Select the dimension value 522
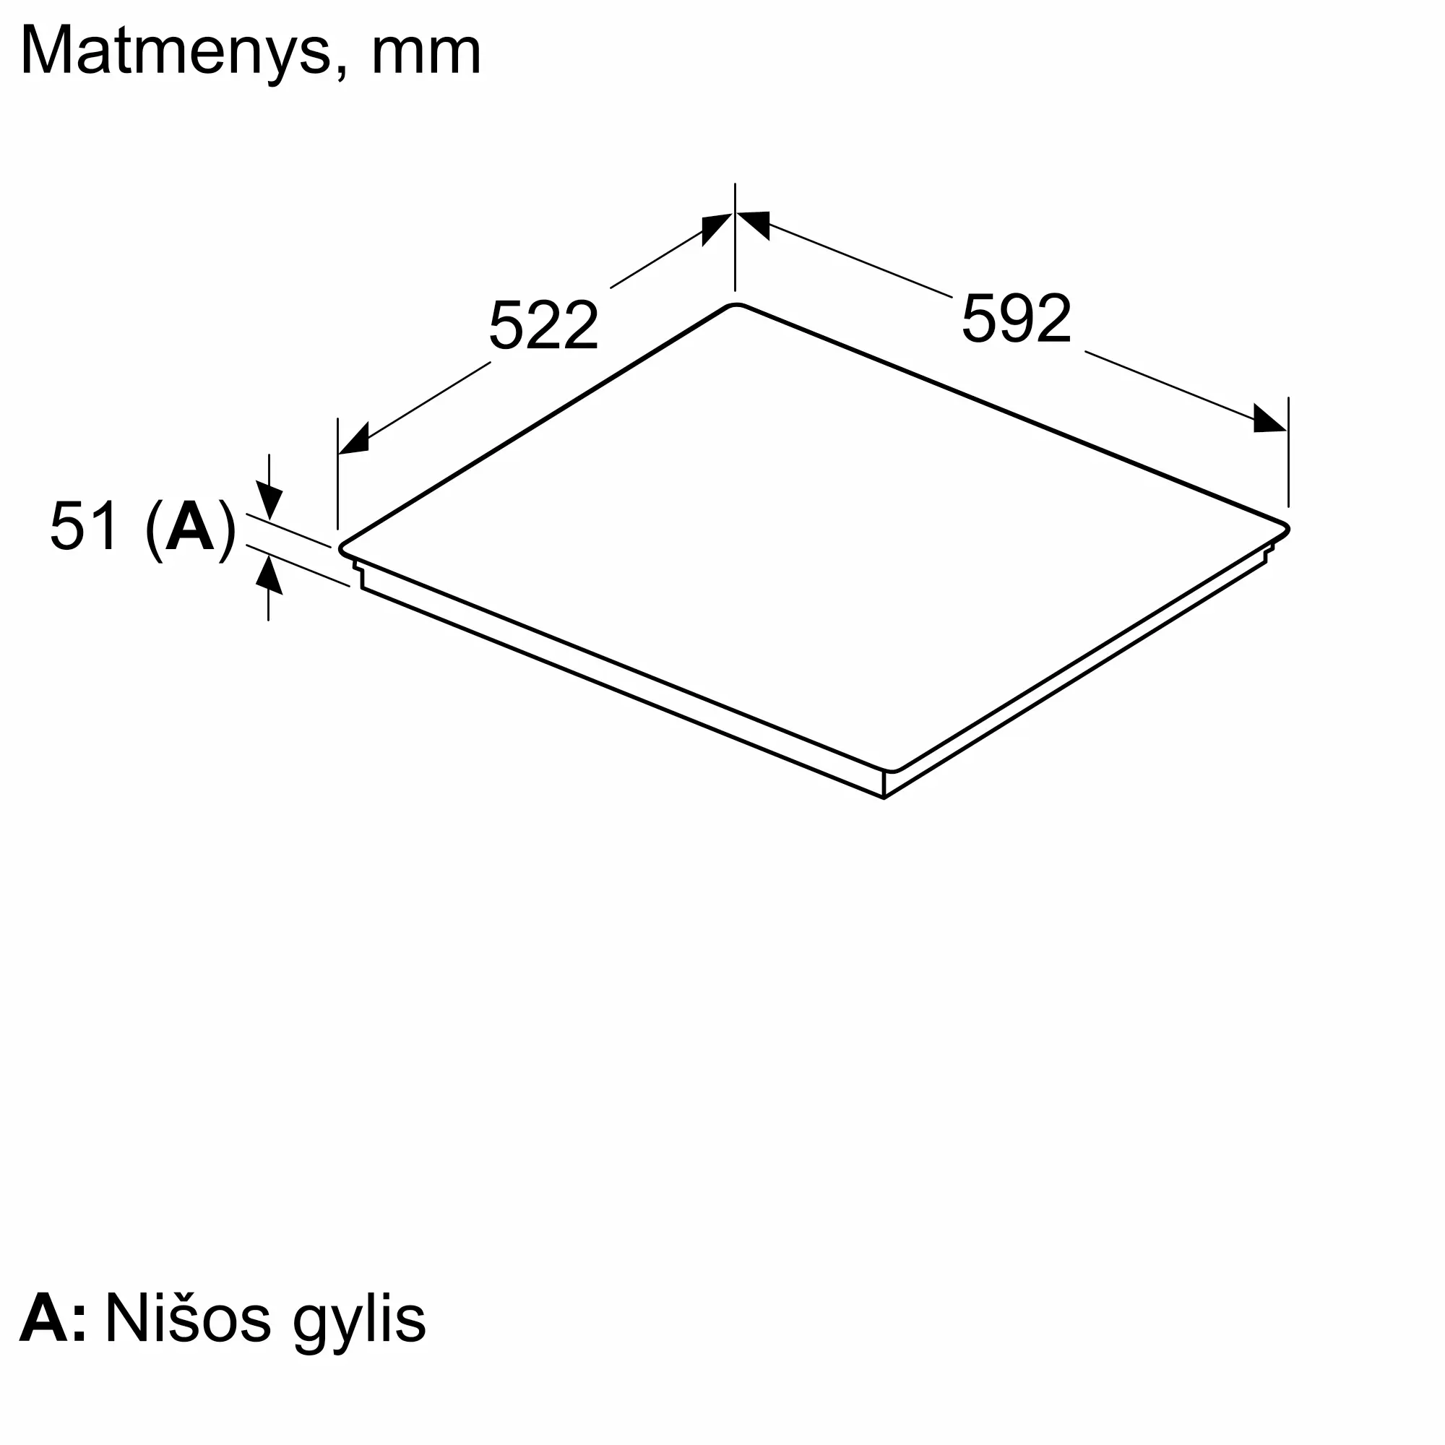point(544,326)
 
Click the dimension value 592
point(1017,319)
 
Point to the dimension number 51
point(84,527)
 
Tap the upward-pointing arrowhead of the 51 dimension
point(269,577)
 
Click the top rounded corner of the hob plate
point(736,306)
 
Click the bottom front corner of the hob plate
point(892,770)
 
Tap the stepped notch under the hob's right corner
point(1267,554)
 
